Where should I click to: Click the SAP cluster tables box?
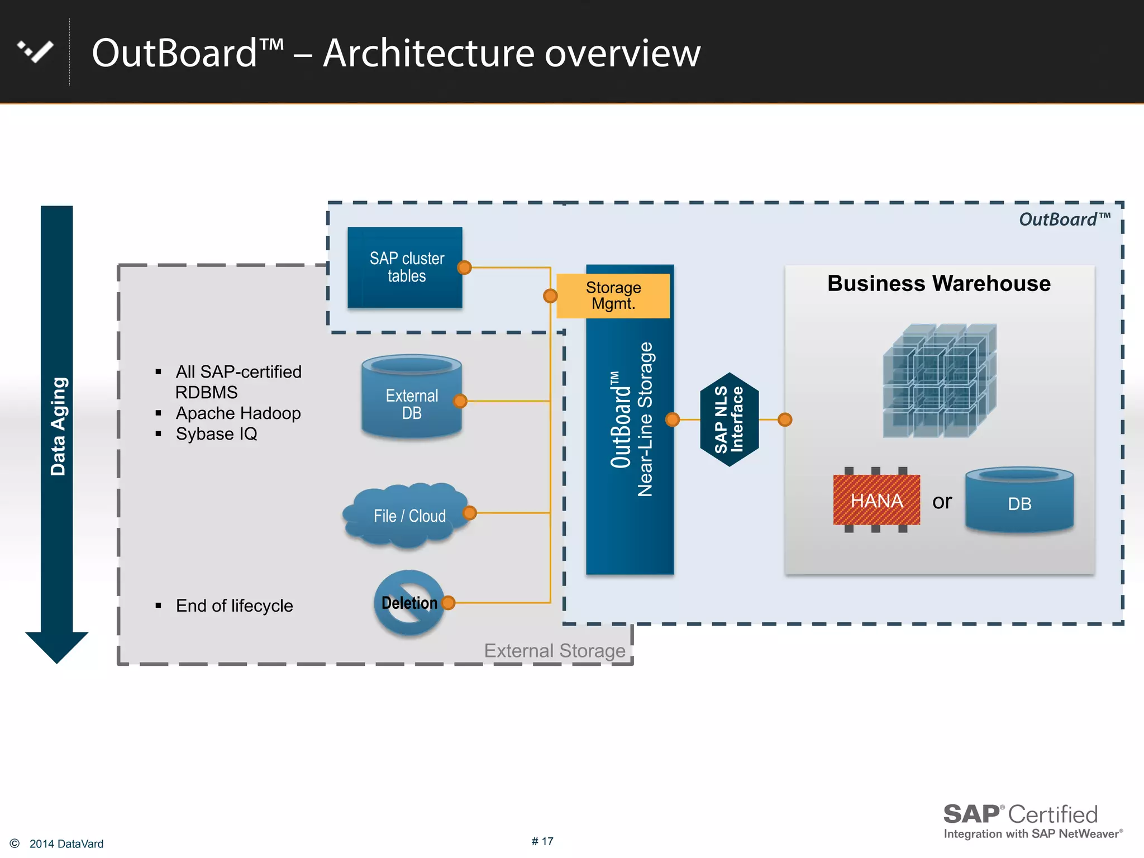405,267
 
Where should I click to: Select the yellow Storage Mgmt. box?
613,295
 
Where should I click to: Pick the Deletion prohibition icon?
409,603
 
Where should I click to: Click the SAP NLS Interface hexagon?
729,420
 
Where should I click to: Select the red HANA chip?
876,500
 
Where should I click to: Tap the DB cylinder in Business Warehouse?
1019,500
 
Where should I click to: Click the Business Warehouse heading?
938,284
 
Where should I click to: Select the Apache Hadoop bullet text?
238,413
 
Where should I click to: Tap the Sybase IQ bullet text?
217,434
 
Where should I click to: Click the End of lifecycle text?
234,606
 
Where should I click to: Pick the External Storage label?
554,651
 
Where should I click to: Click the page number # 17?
542,841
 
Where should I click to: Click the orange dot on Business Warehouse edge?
785,420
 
